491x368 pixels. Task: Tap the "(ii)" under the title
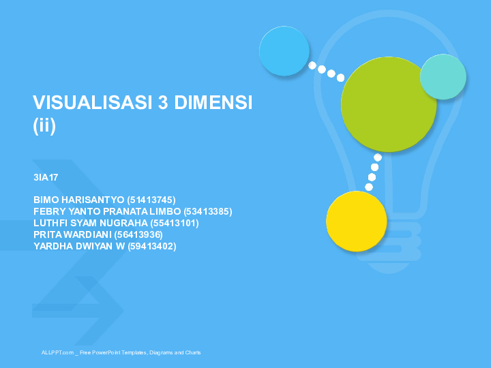click(44, 125)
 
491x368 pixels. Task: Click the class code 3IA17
click(46, 177)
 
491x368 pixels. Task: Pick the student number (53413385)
click(208, 211)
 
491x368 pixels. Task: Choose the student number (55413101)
click(175, 223)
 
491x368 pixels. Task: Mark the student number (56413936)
click(138, 234)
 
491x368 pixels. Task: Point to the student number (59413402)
click(152, 246)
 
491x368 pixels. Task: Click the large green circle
click(388, 104)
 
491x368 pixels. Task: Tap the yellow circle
click(356, 221)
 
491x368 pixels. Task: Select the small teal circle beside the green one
click(443, 76)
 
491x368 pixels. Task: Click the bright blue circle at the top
click(284, 51)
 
